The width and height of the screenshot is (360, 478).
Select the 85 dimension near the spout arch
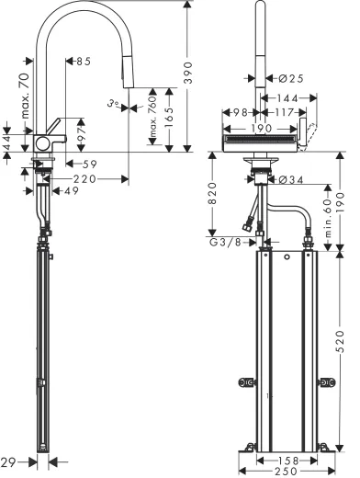tap(83, 62)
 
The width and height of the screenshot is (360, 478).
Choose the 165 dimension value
tap(169, 118)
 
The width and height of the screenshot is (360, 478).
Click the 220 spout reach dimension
tap(85, 179)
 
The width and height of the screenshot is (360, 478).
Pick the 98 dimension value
tap(236, 112)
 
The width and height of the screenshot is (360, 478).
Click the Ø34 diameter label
tap(288, 178)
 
